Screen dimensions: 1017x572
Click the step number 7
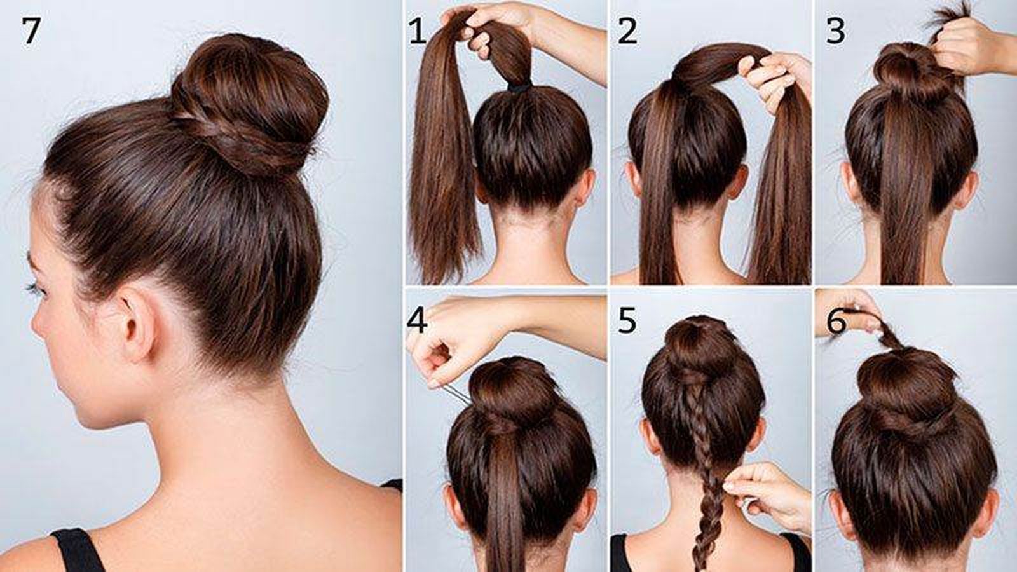pyautogui.click(x=31, y=31)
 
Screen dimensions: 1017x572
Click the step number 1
pyautogui.click(x=417, y=31)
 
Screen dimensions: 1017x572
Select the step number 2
pyautogui.click(x=627, y=31)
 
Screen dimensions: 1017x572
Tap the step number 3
pyautogui.click(x=835, y=31)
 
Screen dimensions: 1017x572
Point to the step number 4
pyautogui.click(x=417, y=320)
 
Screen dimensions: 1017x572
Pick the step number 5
pyautogui.click(x=627, y=320)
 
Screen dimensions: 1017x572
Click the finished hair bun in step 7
pyautogui.click(x=250, y=104)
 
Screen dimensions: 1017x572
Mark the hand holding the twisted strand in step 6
pyautogui.click(x=849, y=313)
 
